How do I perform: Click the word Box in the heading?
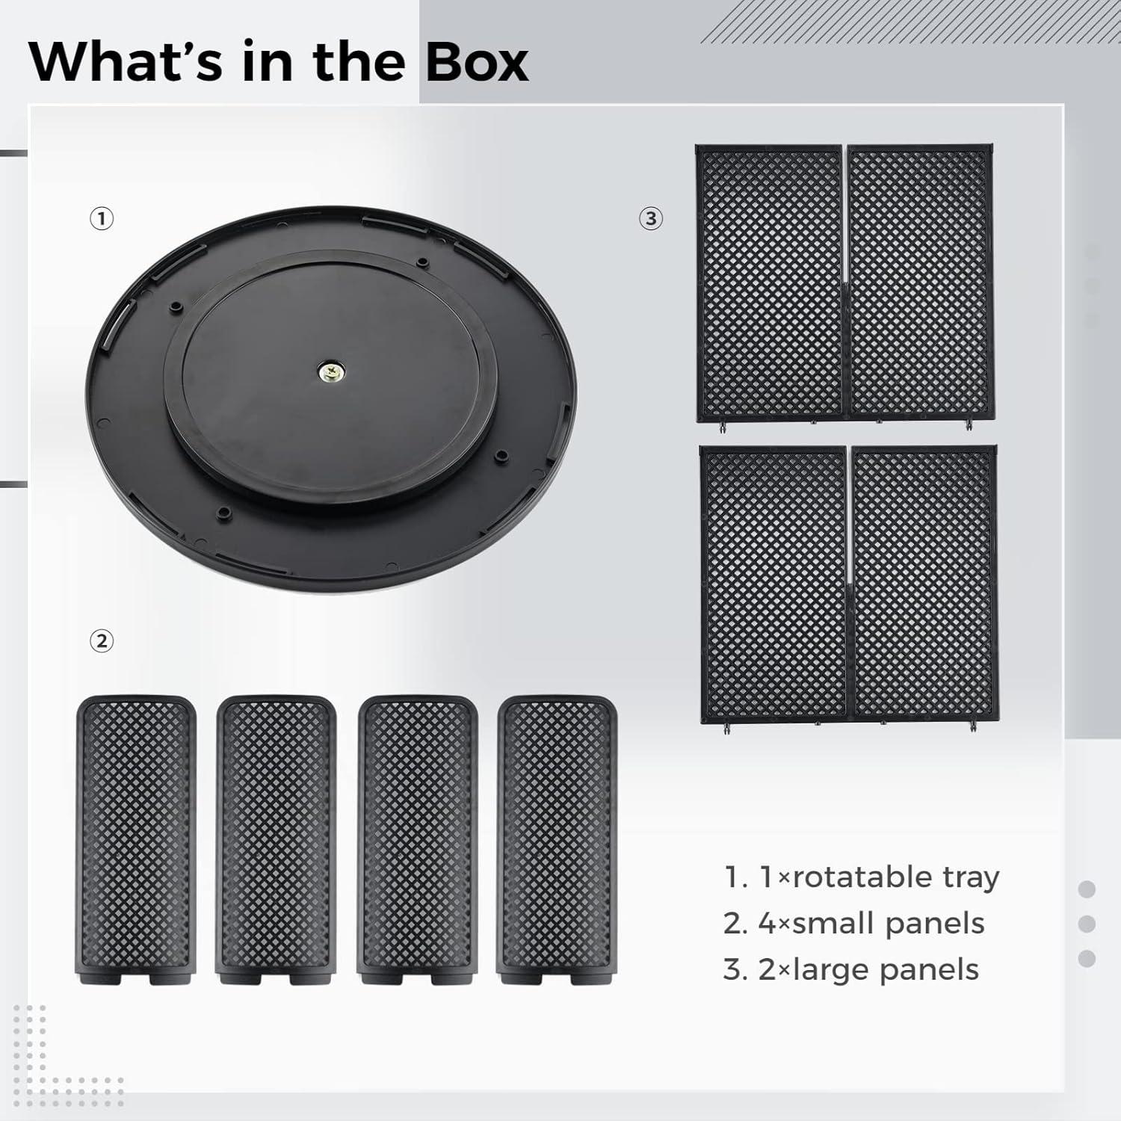[477, 62]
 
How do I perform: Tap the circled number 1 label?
[102, 219]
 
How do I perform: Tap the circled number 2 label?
[102, 640]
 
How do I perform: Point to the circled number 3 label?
[651, 219]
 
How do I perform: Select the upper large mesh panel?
[844, 284]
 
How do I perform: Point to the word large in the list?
[829, 970]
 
